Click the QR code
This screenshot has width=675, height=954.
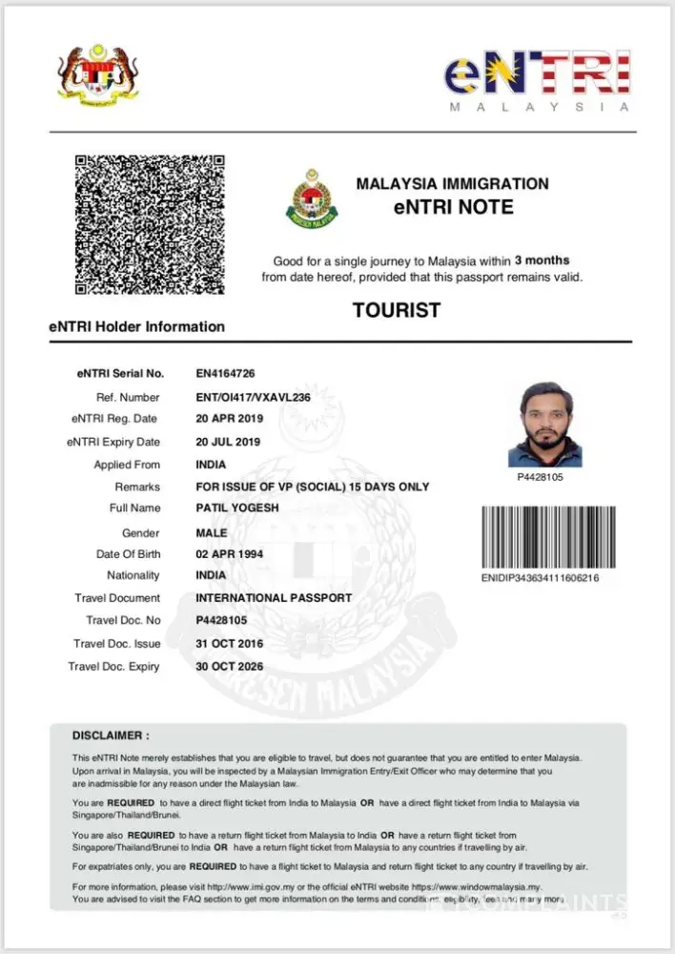pyautogui.click(x=150, y=224)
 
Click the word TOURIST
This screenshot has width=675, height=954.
pyautogui.click(x=397, y=310)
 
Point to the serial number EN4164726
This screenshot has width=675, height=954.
pyautogui.click(x=225, y=373)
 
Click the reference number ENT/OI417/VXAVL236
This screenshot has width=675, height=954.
pyautogui.click(x=254, y=397)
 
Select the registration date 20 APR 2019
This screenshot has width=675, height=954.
pyautogui.click(x=229, y=419)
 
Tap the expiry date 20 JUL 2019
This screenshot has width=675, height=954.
pyautogui.click(x=229, y=442)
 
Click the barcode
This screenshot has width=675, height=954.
pyautogui.click(x=547, y=536)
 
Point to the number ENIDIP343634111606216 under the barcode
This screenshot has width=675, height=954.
pyautogui.click(x=541, y=578)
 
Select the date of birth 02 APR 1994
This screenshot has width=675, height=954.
pyautogui.click(x=230, y=554)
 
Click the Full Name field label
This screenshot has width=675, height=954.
pyautogui.click(x=135, y=508)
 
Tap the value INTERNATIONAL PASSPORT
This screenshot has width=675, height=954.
pyautogui.click(x=274, y=598)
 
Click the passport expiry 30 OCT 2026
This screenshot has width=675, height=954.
pyautogui.click(x=230, y=666)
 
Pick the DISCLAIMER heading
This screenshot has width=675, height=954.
pyautogui.click(x=111, y=736)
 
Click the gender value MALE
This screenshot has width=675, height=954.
pyautogui.click(x=212, y=532)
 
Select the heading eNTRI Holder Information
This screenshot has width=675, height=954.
pyautogui.click(x=137, y=326)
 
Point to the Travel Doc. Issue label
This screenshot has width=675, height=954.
pyautogui.click(x=117, y=644)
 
